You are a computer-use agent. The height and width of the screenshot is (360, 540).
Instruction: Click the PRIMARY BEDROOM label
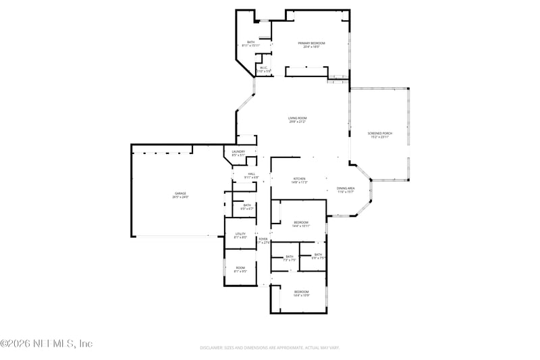click(x=312, y=43)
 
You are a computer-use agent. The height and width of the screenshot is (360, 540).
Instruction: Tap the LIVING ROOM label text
click(x=298, y=119)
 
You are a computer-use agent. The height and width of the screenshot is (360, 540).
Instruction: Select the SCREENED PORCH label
click(x=380, y=133)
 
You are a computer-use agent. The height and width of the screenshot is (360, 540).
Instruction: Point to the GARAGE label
click(x=180, y=194)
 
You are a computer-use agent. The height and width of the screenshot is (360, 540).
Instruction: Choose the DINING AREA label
click(x=346, y=188)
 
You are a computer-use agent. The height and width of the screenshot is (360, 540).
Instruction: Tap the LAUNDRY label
click(x=238, y=152)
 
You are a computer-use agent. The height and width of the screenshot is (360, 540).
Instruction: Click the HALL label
click(x=251, y=174)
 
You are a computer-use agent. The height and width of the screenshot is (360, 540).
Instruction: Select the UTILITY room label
click(x=240, y=234)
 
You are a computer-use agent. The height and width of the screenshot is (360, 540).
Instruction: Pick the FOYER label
click(x=263, y=239)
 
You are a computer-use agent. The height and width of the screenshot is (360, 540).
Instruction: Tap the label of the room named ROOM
click(x=240, y=267)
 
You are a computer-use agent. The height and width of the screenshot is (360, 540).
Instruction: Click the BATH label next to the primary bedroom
click(x=250, y=43)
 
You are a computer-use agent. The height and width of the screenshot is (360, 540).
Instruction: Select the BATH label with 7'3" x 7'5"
click(x=290, y=256)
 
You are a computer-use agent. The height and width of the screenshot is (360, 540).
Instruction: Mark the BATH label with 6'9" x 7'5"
click(x=317, y=255)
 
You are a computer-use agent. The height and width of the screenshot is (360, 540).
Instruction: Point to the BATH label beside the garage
click(x=247, y=205)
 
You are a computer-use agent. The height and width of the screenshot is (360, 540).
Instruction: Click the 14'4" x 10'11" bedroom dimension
click(x=301, y=226)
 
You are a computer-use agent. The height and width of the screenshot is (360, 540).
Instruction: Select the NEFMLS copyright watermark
click(x=46, y=344)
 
